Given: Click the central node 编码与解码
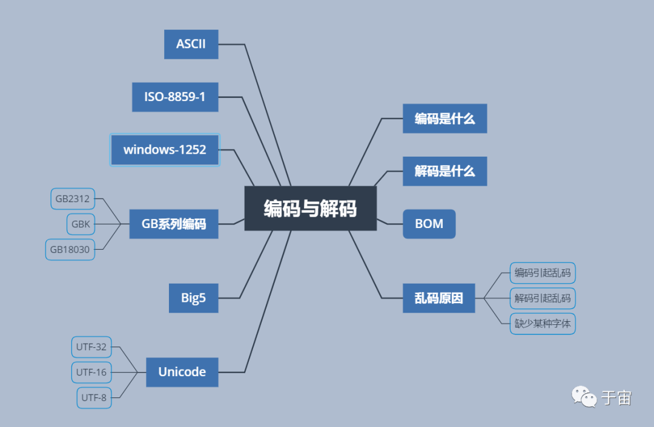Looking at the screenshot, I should click(310, 209).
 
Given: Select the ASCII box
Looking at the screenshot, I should click(191, 44).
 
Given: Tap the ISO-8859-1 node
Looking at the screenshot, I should click(175, 97).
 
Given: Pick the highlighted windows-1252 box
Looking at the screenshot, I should click(165, 149).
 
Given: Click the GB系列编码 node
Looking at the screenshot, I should click(174, 224).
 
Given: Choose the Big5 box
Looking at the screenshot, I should click(193, 298).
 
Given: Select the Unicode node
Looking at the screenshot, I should click(182, 372).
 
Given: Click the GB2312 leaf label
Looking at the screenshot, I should click(73, 198).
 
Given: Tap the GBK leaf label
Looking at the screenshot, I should click(81, 224).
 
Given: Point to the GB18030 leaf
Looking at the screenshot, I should click(70, 249).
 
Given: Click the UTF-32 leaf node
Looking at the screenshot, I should click(91, 347).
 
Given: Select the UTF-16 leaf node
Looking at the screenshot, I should click(91, 373).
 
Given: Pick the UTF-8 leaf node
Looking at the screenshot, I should click(94, 397).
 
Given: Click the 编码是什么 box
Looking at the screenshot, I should click(444, 119).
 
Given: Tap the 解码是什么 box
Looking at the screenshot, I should click(444, 171).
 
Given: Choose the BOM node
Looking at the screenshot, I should click(429, 224).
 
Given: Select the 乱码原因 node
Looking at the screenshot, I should click(438, 298).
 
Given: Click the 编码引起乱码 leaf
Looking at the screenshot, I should click(542, 273).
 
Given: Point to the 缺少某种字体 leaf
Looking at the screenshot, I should click(542, 324).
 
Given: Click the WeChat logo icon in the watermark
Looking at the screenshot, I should click(584, 397).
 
